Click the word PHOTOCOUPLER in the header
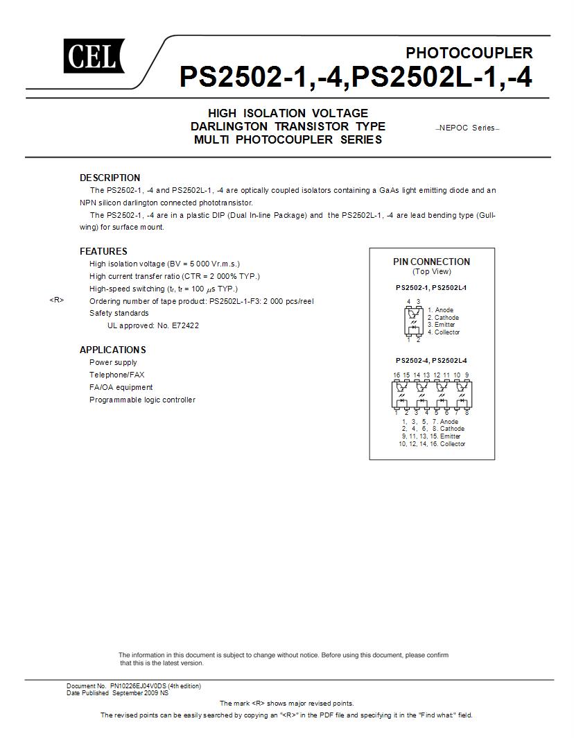(469, 53)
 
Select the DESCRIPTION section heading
(110, 178)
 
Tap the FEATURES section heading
(103, 251)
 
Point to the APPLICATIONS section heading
(112, 350)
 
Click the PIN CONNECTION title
(431, 262)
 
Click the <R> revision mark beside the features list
(57, 300)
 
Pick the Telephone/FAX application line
(116, 375)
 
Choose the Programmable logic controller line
(142, 400)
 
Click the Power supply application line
(113, 362)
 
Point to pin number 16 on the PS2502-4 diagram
(397, 375)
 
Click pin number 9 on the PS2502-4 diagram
(467, 375)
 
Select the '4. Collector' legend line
(444, 332)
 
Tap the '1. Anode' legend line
(440, 310)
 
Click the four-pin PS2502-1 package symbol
(413, 321)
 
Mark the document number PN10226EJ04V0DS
(138, 686)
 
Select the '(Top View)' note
(431, 272)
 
